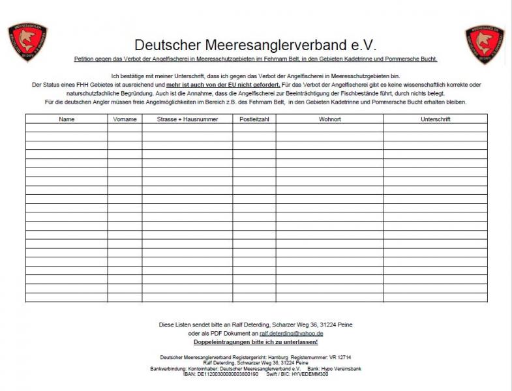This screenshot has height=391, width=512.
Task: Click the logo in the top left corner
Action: click(x=28, y=43)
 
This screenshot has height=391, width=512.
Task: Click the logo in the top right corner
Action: click(x=485, y=43)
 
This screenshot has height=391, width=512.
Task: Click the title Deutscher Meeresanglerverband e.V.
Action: click(x=256, y=44)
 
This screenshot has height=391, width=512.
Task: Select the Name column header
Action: click(x=67, y=119)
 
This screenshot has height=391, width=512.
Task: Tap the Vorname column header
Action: click(x=125, y=119)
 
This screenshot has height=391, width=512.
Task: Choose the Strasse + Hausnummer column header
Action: click(x=187, y=119)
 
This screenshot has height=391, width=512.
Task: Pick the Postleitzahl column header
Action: click(x=254, y=119)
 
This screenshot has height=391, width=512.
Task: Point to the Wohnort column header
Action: click(x=329, y=119)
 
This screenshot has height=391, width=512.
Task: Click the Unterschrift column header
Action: click(x=436, y=119)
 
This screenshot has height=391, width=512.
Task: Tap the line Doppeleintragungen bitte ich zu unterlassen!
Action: click(x=256, y=341)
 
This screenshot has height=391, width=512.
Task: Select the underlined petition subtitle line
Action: click(x=256, y=59)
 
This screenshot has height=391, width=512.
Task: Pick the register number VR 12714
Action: click(x=339, y=358)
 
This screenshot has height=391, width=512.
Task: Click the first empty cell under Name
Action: click(x=67, y=128)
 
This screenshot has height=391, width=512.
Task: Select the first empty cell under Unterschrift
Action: click(x=436, y=128)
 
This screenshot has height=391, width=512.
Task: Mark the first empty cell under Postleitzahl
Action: click(x=254, y=128)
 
